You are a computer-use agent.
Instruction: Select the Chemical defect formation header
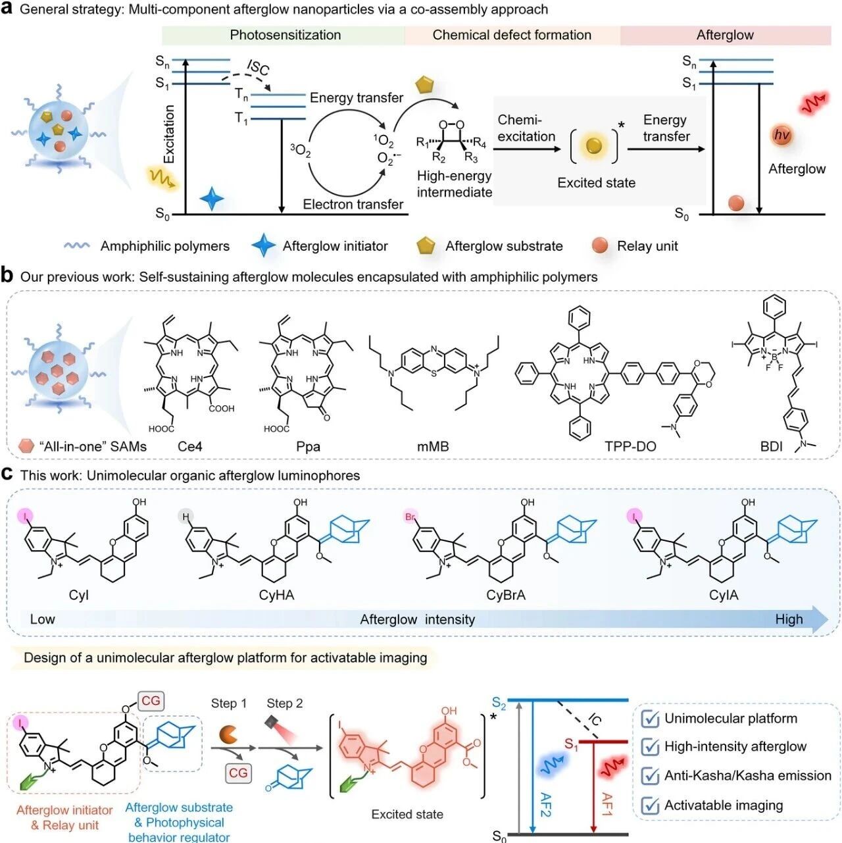pyautogui.click(x=512, y=35)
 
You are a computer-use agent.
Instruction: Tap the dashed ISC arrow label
pyautogui.click(x=258, y=67)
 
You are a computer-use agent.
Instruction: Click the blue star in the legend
pyautogui.click(x=263, y=245)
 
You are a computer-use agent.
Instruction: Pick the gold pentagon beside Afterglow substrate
pyautogui.click(x=426, y=245)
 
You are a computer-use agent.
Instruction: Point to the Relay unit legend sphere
pyautogui.click(x=600, y=245)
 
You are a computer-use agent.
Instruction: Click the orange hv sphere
pyautogui.click(x=781, y=135)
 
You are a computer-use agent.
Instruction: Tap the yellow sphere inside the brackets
pyautogui.click(x=593, y=146)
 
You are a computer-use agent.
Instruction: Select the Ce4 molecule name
pyautogui.click(x=190, y=447)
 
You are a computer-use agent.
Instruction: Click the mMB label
pyautogui.click(x=433, y=447)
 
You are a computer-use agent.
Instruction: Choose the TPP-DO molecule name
pyautogui.click(x=630, y=447)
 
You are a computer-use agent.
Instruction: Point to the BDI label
pyautogui.click(x=771, y=447)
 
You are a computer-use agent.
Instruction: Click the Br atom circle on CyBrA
pyautogui.click(x=410, y=517)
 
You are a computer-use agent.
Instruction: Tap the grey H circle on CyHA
pyautogui.click(x=186, y=517)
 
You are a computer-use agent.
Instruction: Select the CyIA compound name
pyautogui.click(x=724, y=595)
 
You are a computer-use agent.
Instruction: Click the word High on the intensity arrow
pyautogui.click(x=789, y=619)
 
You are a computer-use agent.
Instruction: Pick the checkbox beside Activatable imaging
pyautogui.click(x=650, y=805)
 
